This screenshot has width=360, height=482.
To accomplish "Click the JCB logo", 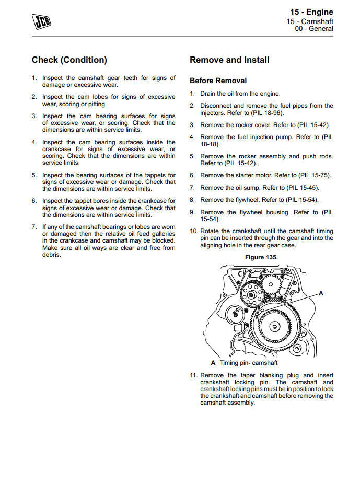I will [x=38, y=21].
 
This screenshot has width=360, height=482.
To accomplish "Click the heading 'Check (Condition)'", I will [x=69, y=60].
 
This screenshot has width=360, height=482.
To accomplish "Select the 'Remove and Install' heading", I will [x=229, y=60].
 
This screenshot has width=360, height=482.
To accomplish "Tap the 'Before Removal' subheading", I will [x=218, y=81].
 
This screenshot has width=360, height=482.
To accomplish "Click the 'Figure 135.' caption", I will [x=261, y=257].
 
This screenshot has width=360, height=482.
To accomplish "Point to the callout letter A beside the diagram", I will [x=321, y=293].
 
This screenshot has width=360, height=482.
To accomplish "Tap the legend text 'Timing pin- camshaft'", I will [x=248, y=363].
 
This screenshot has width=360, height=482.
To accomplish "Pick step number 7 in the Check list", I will [x=34, y=227].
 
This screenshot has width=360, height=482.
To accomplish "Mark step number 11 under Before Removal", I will [x=193, y=375].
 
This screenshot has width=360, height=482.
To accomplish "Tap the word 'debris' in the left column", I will [x=52, y=255].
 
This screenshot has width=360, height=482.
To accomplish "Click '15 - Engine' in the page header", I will [x=311, y=12].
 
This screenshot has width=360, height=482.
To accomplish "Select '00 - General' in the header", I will [x=314, y=29].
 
